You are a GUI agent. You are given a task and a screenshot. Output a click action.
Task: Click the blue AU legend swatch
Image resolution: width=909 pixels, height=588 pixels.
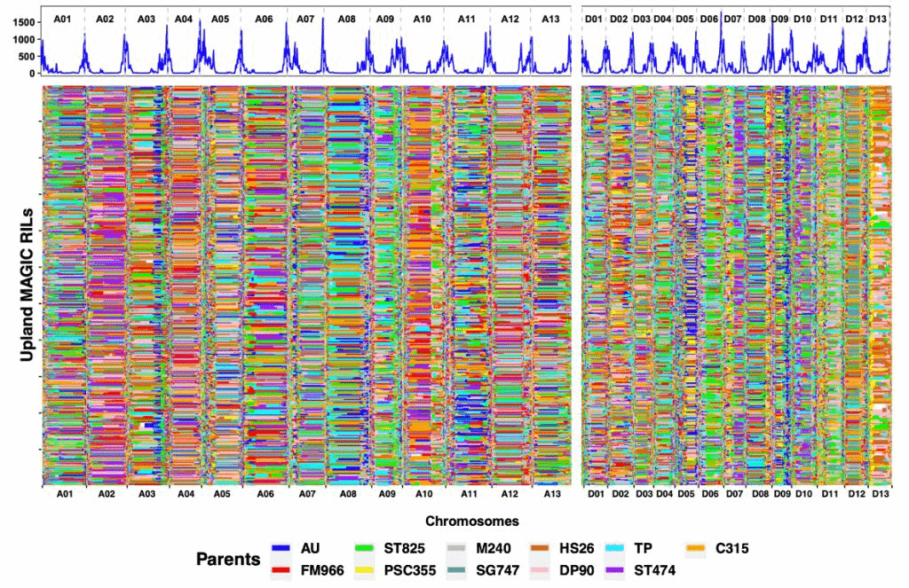point(282,549)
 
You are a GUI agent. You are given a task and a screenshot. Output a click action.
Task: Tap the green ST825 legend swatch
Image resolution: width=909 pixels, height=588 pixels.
point(365,549)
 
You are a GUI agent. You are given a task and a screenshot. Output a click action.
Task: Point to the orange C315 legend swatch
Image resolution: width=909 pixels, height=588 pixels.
point(698,549)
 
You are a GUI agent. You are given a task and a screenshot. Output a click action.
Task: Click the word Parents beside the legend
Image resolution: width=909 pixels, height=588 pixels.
point(228,560)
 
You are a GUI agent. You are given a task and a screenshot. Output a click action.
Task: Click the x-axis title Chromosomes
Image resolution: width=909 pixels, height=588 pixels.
point(472,521)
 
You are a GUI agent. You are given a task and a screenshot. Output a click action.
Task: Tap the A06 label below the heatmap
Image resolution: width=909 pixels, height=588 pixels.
point(265,493)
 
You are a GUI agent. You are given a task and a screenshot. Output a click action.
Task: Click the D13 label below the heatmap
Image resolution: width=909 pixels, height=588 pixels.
point(879,493)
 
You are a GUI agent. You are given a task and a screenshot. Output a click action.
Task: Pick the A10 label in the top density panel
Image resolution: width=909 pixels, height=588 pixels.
point(422,19)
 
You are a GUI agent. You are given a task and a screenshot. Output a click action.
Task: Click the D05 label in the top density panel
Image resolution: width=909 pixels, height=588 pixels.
point(684,19)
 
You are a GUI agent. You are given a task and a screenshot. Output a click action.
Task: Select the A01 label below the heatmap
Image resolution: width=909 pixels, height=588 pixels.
point(63,493)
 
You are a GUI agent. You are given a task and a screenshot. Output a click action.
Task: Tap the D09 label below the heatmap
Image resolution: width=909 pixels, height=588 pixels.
point(781,493)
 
